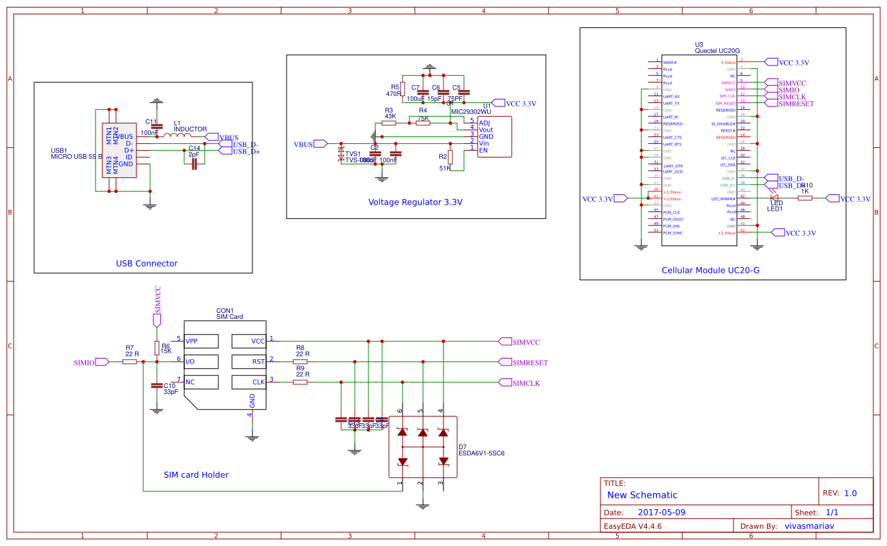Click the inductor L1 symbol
176,136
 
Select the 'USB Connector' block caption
147,264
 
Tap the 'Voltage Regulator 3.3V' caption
415,202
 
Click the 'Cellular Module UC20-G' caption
710,271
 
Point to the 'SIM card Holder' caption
196,475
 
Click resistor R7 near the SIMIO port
130,362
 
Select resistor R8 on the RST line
300,362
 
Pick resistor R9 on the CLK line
300,382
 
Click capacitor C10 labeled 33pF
157,386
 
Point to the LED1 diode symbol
774,198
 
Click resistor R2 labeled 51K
450,156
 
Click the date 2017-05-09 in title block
661,512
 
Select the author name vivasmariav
810,526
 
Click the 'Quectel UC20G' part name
717,50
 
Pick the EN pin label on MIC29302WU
484,150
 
